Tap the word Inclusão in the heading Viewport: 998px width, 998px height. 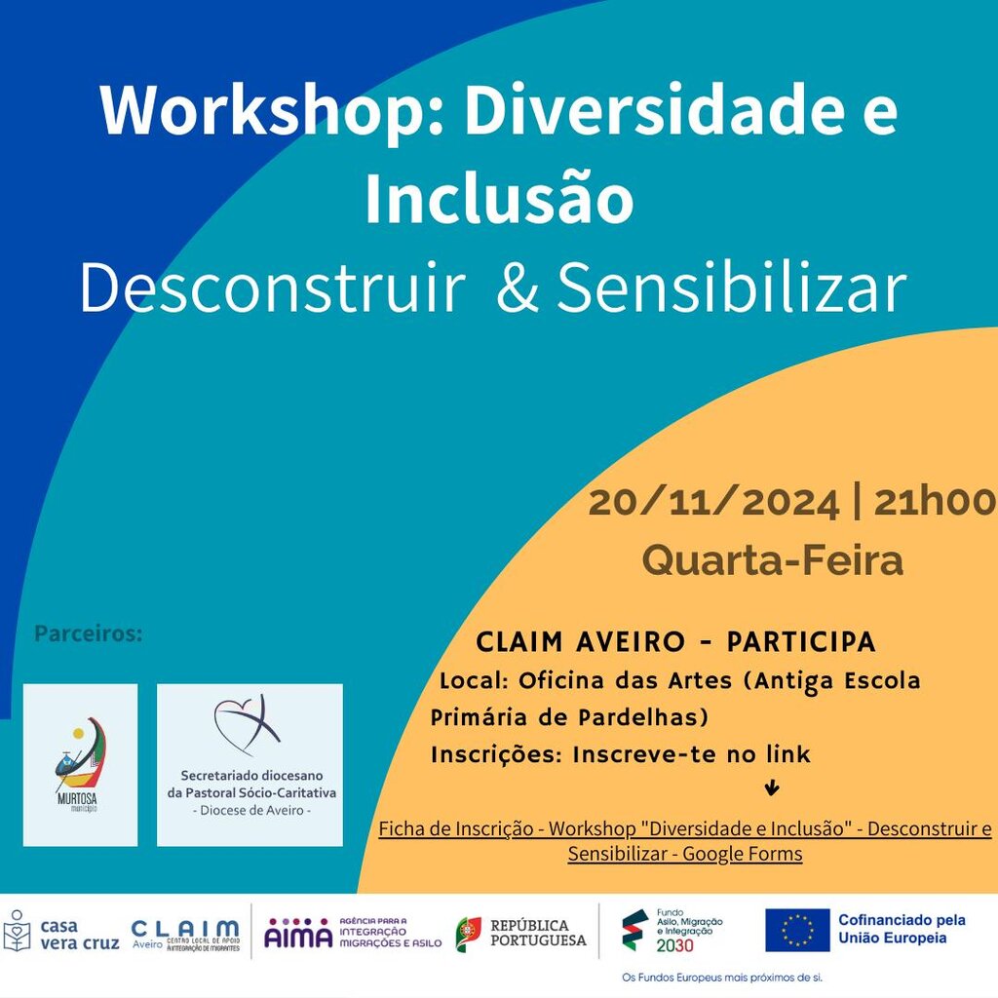click(x=499, y=199)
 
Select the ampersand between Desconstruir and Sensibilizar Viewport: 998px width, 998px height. click(x=517, y=288)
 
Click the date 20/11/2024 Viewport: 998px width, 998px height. click(x=713, y=503)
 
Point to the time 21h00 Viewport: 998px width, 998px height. click(x=934, y=503)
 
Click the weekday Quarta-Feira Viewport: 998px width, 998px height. click(x=772, y=560)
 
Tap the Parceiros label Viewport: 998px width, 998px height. click(x=89, y=634)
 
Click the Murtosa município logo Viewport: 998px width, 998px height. click(x=81, y=764)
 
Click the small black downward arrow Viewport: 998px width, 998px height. click(x=773, y=788)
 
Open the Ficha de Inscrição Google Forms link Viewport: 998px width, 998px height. click(x=684, y=841)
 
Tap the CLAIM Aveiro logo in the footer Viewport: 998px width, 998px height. click(x=185, y=935)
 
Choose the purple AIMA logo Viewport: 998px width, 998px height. click(x=298, y=933)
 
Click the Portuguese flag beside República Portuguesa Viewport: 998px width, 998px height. click(x=469, y=934)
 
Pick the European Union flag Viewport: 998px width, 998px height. click(x=796, y=931)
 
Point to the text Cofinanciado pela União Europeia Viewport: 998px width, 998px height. click(x=902, y=929)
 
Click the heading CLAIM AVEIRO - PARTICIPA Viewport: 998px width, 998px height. click(x=675, y=643)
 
